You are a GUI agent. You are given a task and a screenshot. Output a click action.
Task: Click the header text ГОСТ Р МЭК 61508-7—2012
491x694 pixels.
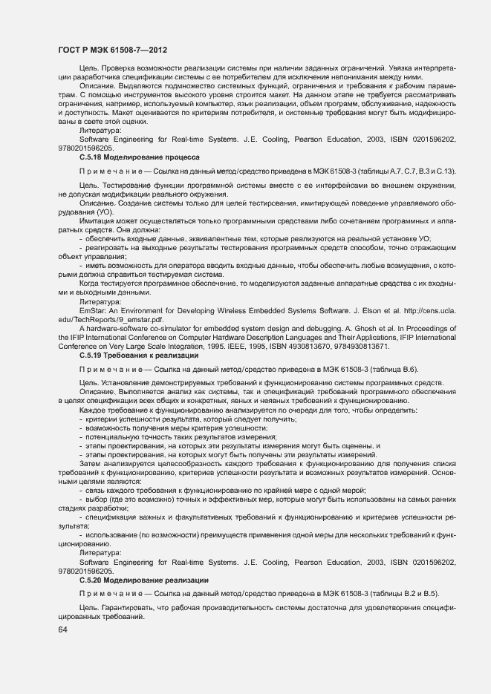[111, 50]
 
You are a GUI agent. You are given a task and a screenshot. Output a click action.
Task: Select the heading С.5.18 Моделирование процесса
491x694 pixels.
[139, 157]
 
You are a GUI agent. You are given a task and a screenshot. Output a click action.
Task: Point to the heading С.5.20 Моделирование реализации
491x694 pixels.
[143, 579]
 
